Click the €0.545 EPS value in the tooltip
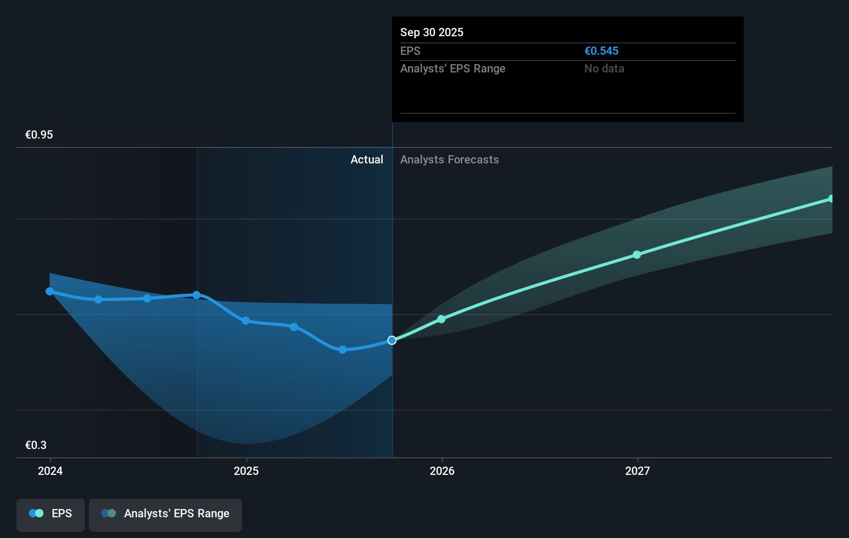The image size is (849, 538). pyautogui.click(x=601, y=51)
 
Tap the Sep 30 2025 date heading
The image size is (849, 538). pyautogui.click(x=432, y=33)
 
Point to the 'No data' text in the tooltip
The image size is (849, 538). pyautogui.click(x=604, y=69)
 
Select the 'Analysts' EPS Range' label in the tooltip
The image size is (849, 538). pyautogui.click(x=452, y=69)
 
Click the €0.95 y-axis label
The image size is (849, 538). pyautogui.click(x=39, y=135)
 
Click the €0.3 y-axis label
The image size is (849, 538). pyautogui.click(x=36, y=445)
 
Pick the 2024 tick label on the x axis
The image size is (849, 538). pyautogui.click(x=50, y=471)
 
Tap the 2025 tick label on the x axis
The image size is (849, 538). pyautogui.click(x=246, y=471)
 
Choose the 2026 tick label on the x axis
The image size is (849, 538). pyautogui.click(x=442, y=471)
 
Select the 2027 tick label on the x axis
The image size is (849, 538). pyautogui.click(x=638, y=471)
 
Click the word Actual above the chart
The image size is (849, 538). pyautogui.click(x=367, y=160)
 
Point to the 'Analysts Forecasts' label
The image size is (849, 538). pyautogui.click(x=449, y=160)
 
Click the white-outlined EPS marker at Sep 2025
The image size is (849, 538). pyautogui.click(x=392, y=340)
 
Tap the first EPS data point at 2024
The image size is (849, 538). pyautogui.click(x=50, y=292)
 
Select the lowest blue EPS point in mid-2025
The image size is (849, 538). pyautogui.click(x=343, y=350)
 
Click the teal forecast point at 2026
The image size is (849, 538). pyautogui.click(x=442, y=319)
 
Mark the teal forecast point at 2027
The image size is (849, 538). pyautogui.click(x=637, y=255)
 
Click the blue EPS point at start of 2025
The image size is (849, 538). pyautogui.click(x=246, y=321)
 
